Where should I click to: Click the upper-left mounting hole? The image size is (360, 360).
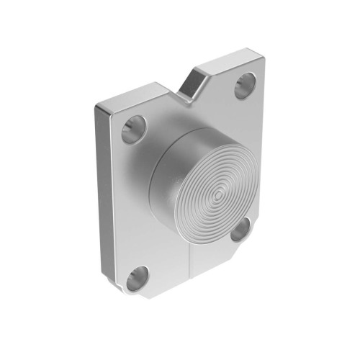coord(134,129)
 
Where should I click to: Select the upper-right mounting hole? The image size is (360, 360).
coord(246,84)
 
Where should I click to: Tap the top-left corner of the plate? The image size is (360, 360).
coord(97,107)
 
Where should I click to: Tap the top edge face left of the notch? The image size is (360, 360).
coord(137,94)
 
